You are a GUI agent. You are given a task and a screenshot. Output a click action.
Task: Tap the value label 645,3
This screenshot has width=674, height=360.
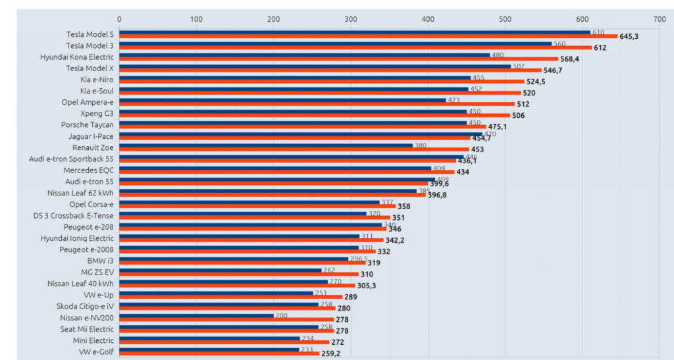point(630,36)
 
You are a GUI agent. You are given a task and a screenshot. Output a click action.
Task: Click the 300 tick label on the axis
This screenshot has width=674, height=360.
point(351,18)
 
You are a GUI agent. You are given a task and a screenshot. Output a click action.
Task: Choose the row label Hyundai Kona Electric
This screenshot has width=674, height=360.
point(77,57)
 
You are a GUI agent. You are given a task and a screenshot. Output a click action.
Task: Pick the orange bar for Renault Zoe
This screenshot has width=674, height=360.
point(294,149)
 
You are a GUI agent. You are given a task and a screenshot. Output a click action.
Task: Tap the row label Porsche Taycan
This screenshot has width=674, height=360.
point(87,124)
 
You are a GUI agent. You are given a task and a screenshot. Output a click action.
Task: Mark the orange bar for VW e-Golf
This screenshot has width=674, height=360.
point(219,353)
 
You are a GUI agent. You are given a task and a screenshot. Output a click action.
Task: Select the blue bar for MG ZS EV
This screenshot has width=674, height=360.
point(220,270)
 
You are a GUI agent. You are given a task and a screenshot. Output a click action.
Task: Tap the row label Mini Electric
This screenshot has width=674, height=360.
point(93,340)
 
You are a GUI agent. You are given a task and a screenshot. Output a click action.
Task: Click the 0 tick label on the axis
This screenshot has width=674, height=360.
point(119,18)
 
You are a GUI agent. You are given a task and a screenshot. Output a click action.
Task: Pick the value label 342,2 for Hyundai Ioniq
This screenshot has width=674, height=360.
point(395,240)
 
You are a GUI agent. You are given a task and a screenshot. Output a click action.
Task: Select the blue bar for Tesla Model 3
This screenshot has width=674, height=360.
point(335,44)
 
